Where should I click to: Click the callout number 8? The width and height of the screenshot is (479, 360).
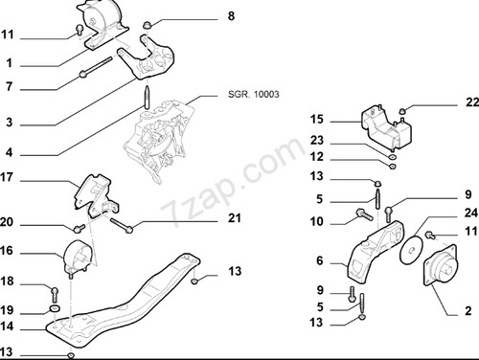[231, 15]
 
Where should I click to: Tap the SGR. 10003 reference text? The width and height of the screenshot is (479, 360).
[254, 94]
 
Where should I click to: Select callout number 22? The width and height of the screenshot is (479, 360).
[472, 102]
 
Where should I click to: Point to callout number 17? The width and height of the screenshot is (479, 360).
[7, 177]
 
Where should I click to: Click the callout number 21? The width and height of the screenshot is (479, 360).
[235, 218]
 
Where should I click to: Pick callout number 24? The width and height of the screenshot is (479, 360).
[470, 213]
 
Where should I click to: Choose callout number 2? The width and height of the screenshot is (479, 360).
[468, 310]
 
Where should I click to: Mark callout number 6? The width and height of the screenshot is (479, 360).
[320, 260]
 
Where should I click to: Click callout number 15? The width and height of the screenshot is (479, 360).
[317, 120]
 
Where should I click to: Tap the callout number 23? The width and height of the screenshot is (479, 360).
[317, 140]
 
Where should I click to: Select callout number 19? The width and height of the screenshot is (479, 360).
[7, 310]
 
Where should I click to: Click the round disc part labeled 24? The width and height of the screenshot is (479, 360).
[411, 250]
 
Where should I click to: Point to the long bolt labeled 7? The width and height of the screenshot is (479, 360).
[96, 67]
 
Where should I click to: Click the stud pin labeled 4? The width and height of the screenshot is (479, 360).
[147, 97]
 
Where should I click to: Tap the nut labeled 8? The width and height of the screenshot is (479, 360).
[147, 25]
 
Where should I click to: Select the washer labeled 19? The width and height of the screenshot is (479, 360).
[55, 308]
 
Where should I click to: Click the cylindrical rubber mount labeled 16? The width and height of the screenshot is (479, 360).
[76, 256]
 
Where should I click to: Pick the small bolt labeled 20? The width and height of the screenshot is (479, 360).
[79, 228]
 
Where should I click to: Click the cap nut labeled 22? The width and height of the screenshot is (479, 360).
[403, 111]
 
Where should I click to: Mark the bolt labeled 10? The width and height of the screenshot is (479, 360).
[364, 214]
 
